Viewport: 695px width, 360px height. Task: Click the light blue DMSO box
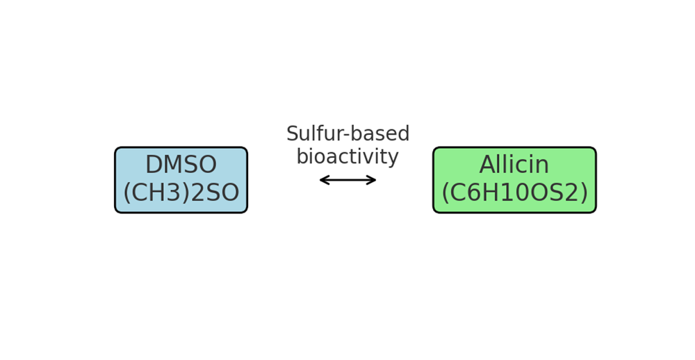point(181,180)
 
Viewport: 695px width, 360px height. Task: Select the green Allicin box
point(514,180)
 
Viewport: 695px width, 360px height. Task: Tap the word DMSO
point(181,165)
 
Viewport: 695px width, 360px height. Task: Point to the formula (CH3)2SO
point(181,193)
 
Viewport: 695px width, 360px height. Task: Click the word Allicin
point(514,165)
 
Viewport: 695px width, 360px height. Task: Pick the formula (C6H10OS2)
point(514,193)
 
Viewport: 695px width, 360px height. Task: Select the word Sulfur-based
point(348,133)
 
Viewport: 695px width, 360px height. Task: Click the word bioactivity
point(347,156)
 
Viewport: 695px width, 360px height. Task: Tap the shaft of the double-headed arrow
point(348,180)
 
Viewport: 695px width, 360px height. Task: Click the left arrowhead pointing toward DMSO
point(324,180)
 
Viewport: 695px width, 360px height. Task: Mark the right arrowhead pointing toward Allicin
point(371,180)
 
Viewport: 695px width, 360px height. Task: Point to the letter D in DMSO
point(154,165)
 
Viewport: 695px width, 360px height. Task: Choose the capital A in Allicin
point(488,165)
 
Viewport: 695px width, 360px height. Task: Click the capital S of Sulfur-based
point(293,134)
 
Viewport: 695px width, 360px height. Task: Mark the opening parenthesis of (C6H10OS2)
point(445,193)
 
